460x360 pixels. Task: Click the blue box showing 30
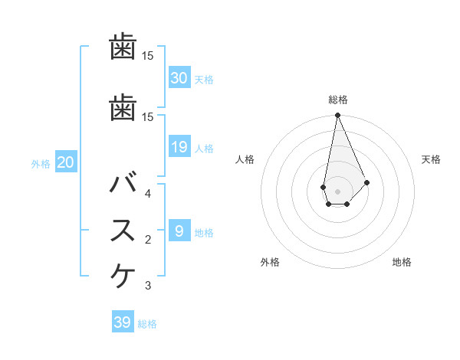179,78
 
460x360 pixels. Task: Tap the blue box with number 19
179,147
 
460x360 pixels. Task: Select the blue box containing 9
179,231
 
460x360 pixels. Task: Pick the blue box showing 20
65,162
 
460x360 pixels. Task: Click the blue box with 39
122,322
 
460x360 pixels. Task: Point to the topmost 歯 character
123,47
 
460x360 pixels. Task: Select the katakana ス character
123,231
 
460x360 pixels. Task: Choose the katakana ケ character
123,275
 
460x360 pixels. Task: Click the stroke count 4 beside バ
148,193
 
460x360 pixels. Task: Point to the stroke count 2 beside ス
148,240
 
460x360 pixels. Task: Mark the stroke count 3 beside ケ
148,286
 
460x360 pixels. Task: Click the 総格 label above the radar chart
337,100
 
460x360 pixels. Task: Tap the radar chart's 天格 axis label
432,159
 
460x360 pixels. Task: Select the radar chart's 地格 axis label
402,262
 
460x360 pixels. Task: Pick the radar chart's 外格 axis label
269,262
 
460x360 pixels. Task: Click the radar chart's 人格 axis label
245,159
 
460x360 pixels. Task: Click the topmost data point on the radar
337,116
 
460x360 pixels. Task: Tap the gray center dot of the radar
337,189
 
